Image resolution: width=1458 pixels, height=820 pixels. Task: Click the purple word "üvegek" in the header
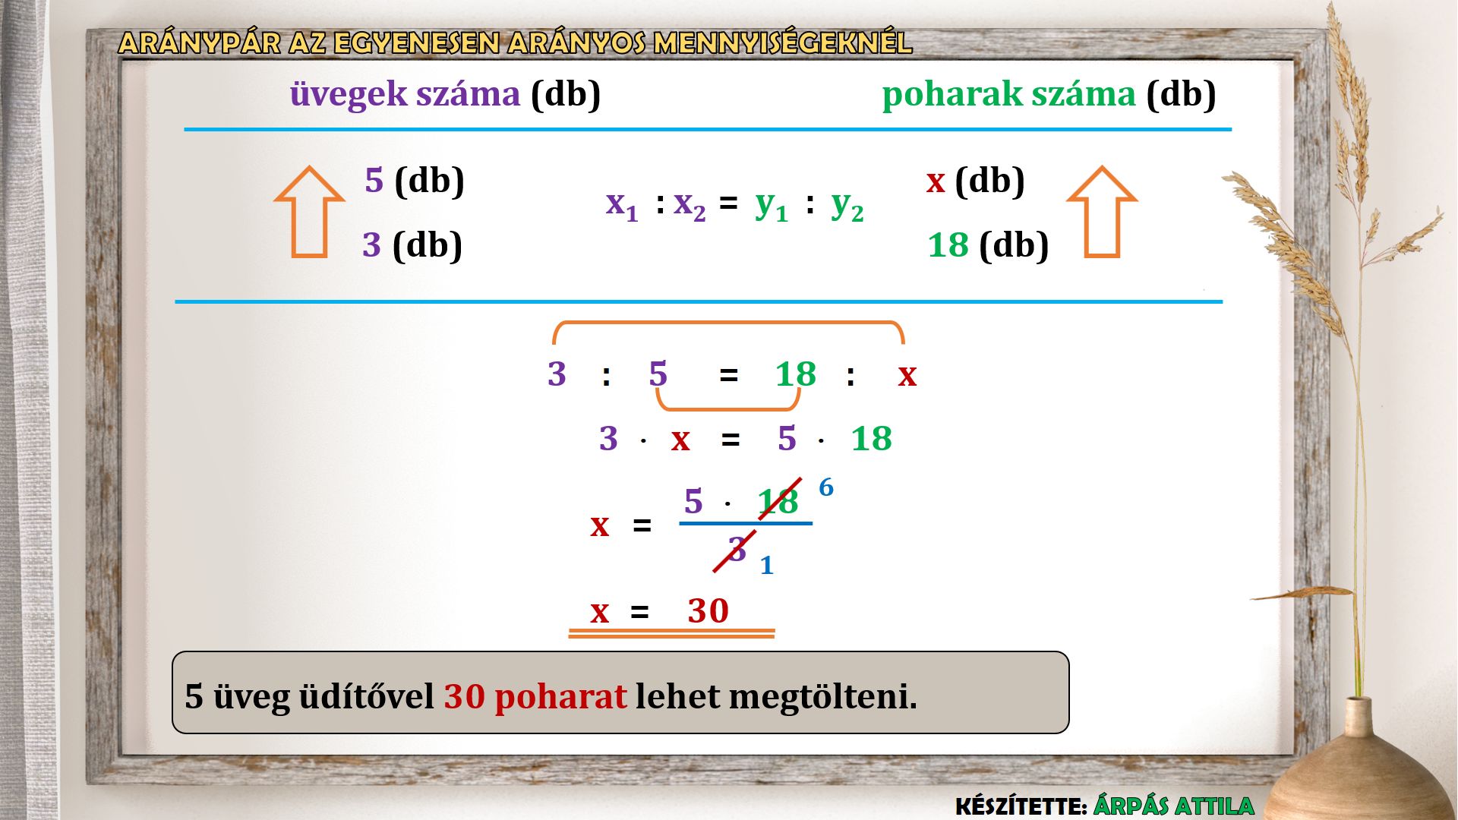pyautogui.click(x=349, y=95)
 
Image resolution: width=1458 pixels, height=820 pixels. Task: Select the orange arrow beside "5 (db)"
pyautogui.click(x=309, y=212)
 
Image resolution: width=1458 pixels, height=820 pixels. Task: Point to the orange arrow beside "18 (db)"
pyautogui.click(x=1102, y=212)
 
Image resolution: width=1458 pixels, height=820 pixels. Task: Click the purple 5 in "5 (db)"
pyautogui.click(x=374, y=181)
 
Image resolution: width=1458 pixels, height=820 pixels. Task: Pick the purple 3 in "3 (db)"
pyautogui.click(x=371, y=245)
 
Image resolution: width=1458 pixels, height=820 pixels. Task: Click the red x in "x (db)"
pyautogui.click(x=936, y=182)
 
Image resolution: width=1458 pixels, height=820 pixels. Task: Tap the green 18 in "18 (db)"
pyautogui.click(x=948, y=245)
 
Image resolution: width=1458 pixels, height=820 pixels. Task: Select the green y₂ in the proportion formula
pyautogui.click(x=847, y=206)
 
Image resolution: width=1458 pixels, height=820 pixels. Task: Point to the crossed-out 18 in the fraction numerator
pyautogui.click(x=778, y=501)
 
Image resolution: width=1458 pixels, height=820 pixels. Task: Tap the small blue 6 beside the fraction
pyautogui.click(x=826, y=487)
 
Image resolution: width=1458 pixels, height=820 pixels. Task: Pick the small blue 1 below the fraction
pyautogui.click(x=767, y=565)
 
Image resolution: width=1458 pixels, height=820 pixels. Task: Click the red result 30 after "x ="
pyautogui.click(x=708, y=610)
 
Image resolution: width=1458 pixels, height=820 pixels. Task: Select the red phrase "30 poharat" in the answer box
pyautogui.click(x=535, y=696)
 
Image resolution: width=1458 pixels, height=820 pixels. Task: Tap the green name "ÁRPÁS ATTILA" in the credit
pyautogui.click(x=1174, y=806)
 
